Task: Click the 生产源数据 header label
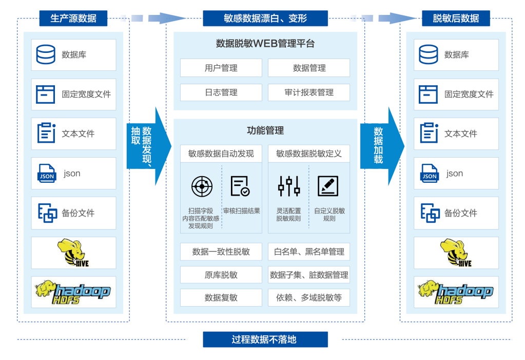tap(73, 18)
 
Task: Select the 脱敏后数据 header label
tap(456, 18)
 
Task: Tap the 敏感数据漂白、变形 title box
tap(265, 18)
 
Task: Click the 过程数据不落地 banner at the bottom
tap(265, 339)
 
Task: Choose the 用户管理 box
tap(221, 68)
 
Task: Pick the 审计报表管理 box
tap(309, 92)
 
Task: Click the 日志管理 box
tap(221, 92)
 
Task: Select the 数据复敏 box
tap(221, 297)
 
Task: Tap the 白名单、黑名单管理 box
tap(309, 252)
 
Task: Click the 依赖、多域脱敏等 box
tap(309, 297)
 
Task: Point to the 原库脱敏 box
tap(221, 275)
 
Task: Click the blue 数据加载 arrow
tap(381, 145)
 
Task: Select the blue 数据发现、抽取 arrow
tap(147, 145)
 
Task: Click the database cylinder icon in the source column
tap(46, 54)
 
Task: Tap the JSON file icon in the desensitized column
tap(429, 174)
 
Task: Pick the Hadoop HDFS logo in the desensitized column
tap(456, 292)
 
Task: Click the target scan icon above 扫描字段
tap(202, 186)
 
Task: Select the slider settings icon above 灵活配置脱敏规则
tap(289, 186)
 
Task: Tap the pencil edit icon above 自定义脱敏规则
tap(327, 186)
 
